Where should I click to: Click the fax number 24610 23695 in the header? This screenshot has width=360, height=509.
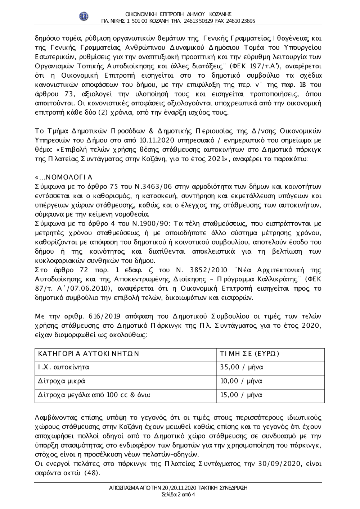(241, 21)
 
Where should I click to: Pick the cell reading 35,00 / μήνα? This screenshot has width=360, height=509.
(242, 368)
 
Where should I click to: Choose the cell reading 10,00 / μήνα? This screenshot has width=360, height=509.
(242, 381)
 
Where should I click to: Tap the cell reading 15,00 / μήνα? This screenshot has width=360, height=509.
(242, 395)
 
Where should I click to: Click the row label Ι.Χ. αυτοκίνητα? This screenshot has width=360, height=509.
(64, 368)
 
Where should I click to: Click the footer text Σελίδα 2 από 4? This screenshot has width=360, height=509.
(179, 494)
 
